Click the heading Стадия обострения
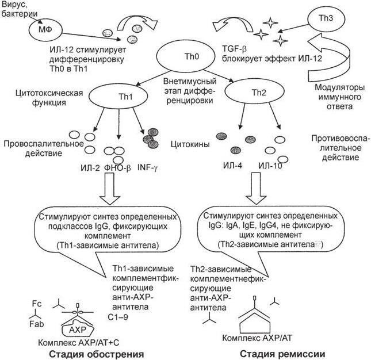(95, 351)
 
